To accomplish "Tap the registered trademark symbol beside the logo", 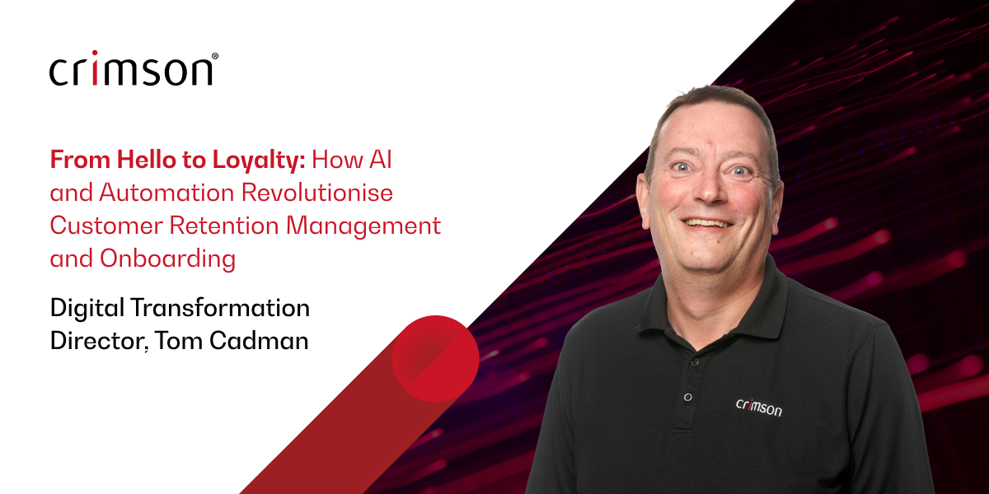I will pyautogui.click(x=215, y=57).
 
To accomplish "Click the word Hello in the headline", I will pyautogui.click(x=129, y=160).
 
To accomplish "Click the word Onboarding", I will pyautogui.click(x=167, y=259).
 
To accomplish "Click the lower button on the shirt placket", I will pyautogui.click(x=687, y=398).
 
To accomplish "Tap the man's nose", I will pyautogui.click(x=711, y=193).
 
